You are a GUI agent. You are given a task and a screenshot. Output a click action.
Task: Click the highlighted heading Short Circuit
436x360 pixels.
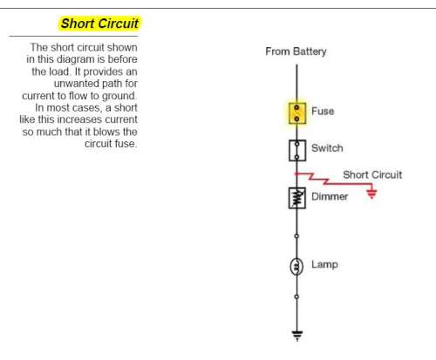[x=99, y=24]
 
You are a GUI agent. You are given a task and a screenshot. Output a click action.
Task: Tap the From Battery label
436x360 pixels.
[x=296, y=51]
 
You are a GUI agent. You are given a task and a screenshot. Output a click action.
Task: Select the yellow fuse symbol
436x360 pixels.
[x=297, y=113]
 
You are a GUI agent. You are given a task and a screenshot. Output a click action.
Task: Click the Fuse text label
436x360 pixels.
[x=323, y=111]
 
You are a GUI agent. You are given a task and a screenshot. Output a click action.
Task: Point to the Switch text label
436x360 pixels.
[x=327, y=148]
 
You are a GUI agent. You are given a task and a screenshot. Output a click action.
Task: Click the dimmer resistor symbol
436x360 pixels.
[x=296, y=198]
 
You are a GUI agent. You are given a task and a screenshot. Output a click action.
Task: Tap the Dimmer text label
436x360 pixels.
[x=330, y=196]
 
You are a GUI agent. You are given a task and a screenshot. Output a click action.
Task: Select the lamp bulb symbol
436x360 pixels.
[x=296, y=267]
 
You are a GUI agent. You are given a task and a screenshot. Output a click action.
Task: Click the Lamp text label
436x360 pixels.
[x=324, y=265]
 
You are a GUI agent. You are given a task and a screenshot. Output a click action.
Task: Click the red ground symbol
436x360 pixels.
[x=371, y=194]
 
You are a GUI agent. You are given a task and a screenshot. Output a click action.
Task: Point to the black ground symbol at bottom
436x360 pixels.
[x=297, y=336]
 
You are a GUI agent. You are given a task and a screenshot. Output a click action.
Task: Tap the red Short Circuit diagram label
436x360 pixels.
[x=372, y=174]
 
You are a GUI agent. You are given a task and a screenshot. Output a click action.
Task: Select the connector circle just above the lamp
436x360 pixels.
[x=296, y=236]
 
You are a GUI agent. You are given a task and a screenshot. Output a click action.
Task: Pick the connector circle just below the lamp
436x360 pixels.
[x=296, y=296]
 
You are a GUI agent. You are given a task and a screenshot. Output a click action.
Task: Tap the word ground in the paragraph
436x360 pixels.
[x=119, y=96]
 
